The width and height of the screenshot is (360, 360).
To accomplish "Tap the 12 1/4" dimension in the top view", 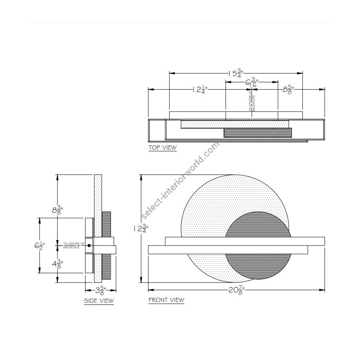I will (x=199, y=90).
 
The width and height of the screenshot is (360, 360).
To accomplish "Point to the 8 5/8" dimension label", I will (x=288, y=90).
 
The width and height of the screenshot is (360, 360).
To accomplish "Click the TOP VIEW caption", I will (x=162, y=148).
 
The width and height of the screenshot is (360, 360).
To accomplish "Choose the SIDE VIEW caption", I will (x=99, y=301).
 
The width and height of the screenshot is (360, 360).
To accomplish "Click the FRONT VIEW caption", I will (x=166, y=300).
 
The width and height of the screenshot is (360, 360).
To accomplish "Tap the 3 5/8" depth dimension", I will (x=100, y=290).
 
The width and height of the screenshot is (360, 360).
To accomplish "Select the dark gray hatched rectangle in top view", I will (x=258, y=132).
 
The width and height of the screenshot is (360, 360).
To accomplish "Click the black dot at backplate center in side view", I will (x=89, y=245).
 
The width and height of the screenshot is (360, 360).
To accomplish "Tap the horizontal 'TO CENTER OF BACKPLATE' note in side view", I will (x=74, y=245).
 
